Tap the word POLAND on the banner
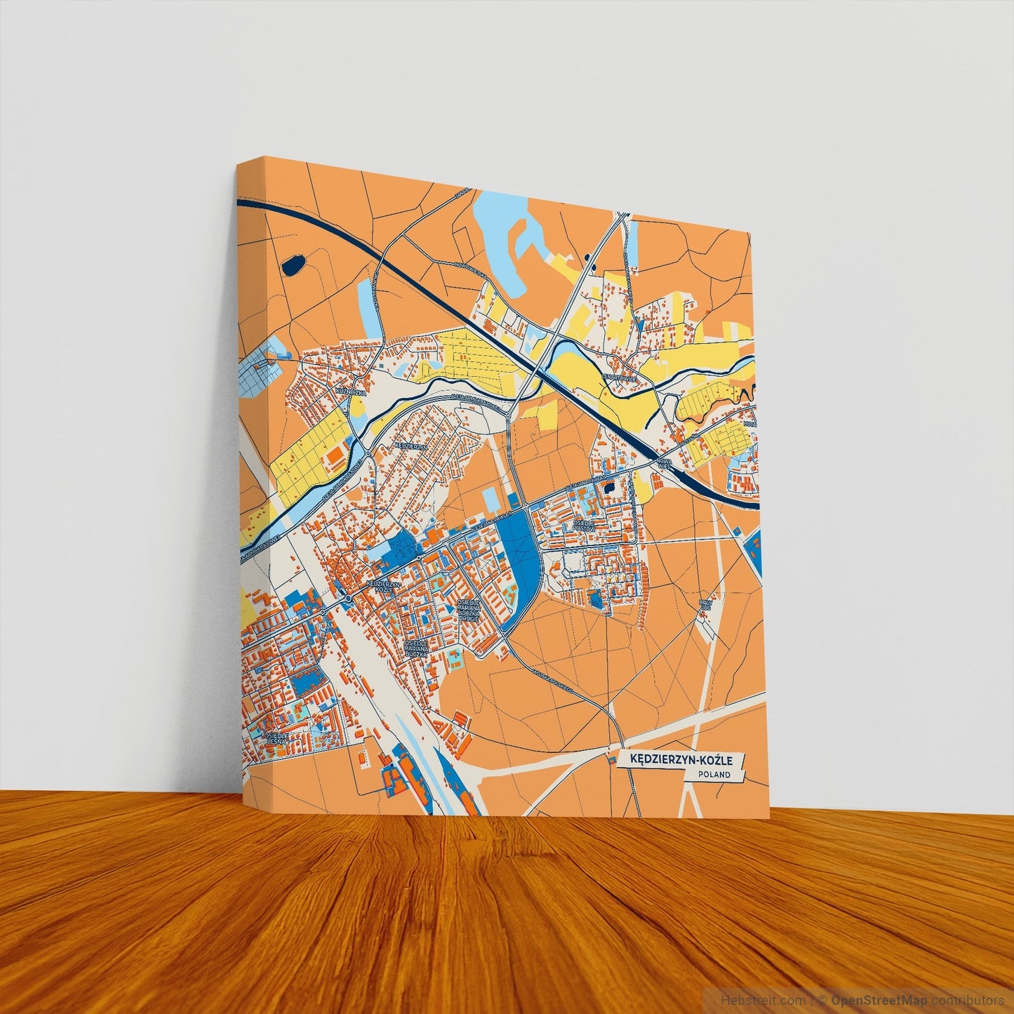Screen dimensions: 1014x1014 pyautogui.click(x=714, y=775)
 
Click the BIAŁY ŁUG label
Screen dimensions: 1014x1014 pyautogui.click(x=705, y=604)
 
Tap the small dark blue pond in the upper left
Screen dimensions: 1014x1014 pyautogui.click(x=292, y=265)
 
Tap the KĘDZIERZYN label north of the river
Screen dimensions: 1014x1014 pyautogui.click(x=411, y=446)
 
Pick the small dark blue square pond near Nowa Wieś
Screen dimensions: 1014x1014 pyautogui.click(x=608, y=486)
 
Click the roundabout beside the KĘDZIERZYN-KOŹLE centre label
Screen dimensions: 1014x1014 pyautogui.click(x=348, y=598)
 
